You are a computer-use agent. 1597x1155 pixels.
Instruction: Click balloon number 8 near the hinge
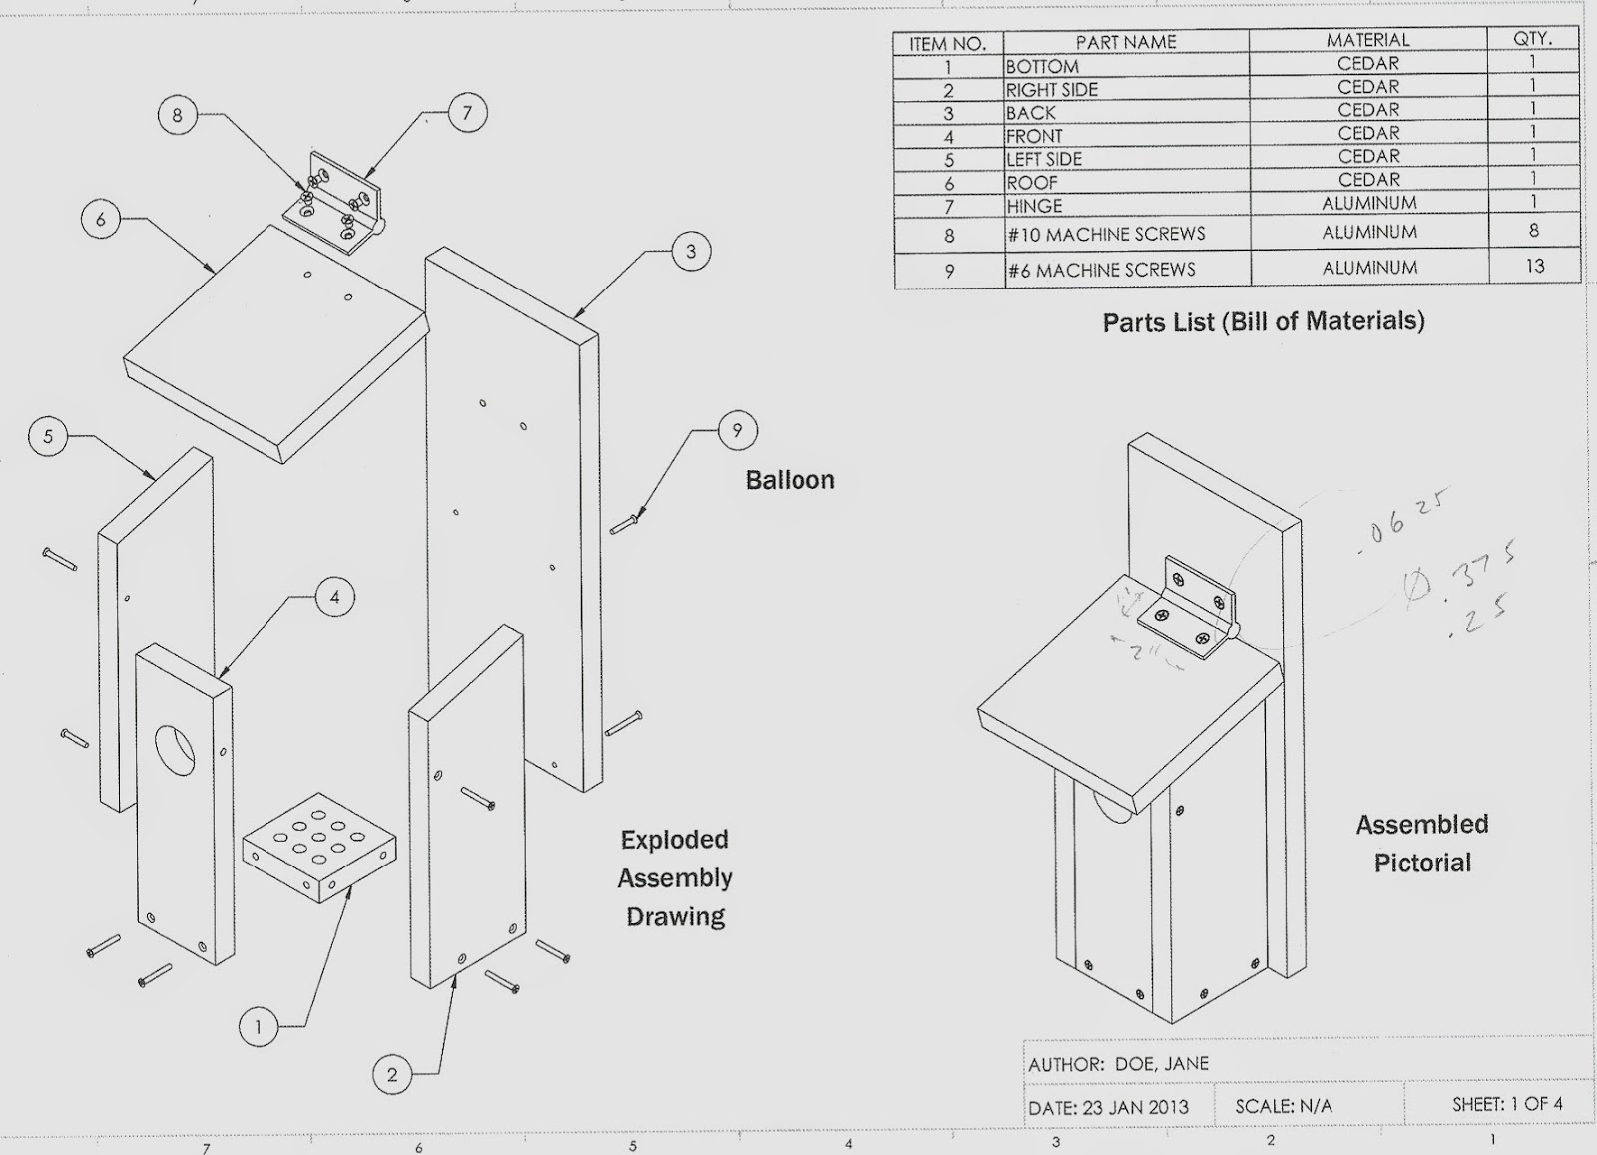click(177, 115)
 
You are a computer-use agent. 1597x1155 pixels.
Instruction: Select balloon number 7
click(467, 113)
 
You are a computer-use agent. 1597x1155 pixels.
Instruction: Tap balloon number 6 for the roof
click(101, 219)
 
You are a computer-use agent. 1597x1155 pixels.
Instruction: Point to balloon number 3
click(691, 251)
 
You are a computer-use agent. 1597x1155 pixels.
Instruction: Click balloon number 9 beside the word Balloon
click(737, 430)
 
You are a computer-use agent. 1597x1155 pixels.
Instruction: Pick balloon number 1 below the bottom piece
click(259, 1026)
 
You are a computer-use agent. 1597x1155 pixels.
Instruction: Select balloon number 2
click(392, 1074)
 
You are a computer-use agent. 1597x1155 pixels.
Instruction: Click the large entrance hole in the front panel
click(176, 750)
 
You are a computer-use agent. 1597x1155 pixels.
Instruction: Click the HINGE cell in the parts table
click(1035, 207)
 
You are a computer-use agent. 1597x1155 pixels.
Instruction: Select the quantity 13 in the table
click(1534, 266)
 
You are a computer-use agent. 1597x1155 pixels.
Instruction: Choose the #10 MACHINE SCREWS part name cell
click(1106, 235)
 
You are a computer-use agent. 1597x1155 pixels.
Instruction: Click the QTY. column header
click(1532, 39)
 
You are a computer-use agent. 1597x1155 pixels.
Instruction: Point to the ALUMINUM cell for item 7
click(1368, 203)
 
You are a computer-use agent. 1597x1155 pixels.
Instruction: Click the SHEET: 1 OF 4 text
click(1507, 1104)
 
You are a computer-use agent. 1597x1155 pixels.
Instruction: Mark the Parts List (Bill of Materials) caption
click(1263, 321)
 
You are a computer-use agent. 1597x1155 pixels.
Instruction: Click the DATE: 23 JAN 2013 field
click(1108, 1108)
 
